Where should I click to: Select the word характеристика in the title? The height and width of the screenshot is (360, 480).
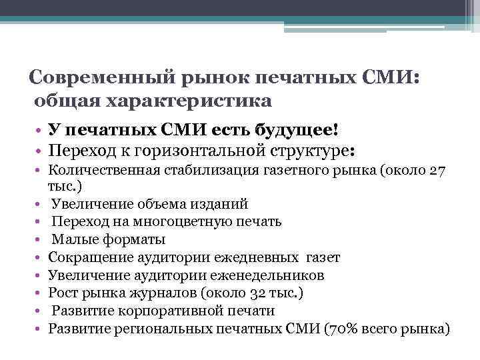tap(196, 101)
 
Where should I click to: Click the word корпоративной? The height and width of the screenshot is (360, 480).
tap(158, 311)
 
